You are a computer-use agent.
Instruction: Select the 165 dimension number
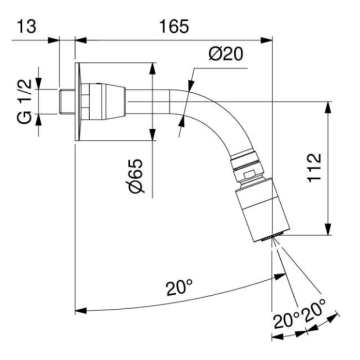point(173,26)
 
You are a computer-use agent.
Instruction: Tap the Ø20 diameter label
point(226,54)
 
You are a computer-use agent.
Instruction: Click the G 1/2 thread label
point(26,102)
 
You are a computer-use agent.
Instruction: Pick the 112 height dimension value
point(314,168)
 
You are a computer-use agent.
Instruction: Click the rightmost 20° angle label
point(314,312)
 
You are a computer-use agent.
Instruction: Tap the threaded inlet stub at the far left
point(67,102)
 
